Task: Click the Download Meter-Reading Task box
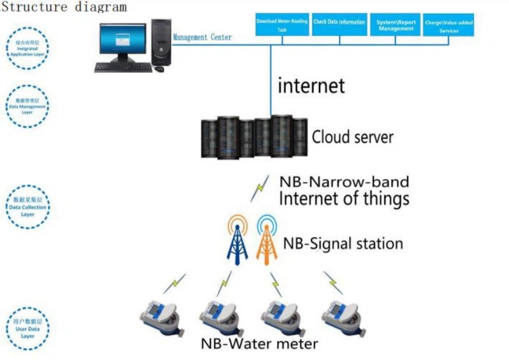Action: (x=282, y=25)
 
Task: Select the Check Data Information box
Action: (x=339, y=23)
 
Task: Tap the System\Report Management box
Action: (x=396, y=25)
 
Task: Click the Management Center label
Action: (x=202, y=37)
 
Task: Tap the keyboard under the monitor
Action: (x=123, y=67)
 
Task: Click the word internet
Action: (x=311, y=85)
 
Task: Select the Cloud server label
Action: (x=352, y=137)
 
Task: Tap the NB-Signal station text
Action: (x=342, y=244)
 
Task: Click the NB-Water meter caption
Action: (x=259, y=344)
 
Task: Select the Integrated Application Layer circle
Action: (x=28, y=48)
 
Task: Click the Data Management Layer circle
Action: (x=28, y=106)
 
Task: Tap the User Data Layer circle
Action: (x=28, y=329)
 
